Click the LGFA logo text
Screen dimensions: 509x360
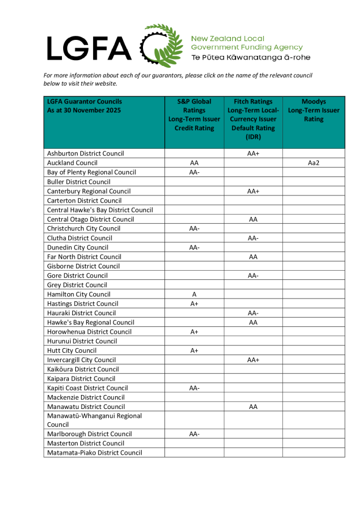coord(90,47)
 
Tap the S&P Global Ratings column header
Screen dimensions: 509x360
coord(194,115)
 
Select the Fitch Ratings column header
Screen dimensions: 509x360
coord(253,119)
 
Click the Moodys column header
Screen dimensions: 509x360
coord(314,110)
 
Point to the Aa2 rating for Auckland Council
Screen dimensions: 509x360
coord(314,163)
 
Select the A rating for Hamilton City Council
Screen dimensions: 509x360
coord(194,294)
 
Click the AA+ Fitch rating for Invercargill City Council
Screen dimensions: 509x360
coord(253,360)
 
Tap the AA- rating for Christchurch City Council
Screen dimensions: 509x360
coord(194,228)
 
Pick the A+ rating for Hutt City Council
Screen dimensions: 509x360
coord(194,351)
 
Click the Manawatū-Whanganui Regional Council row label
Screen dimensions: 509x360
coord(94,420)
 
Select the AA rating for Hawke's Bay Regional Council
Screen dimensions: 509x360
coord(253,322)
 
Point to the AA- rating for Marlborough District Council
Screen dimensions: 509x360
coord(194,434)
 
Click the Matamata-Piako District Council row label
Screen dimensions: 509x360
coord(94,453)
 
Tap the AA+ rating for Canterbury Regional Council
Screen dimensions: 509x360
coord(253,191)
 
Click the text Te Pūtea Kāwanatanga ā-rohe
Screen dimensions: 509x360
coord(250,57)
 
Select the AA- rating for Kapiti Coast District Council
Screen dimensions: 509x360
coord(194,388)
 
